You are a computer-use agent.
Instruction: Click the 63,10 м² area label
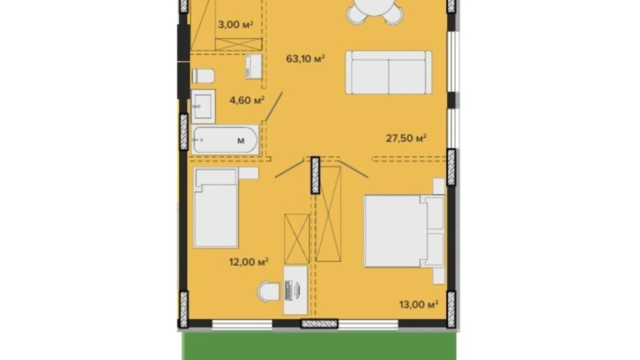coord(305,58)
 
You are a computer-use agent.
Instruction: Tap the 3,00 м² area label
coord(235,24)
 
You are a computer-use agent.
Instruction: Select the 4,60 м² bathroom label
coord(247,100)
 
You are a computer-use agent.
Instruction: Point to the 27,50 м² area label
coord(406,138)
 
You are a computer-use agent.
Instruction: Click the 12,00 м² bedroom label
coord(249,262)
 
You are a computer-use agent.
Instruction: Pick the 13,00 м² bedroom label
coord(419,304)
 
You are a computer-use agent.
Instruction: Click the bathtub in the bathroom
coord(225,140)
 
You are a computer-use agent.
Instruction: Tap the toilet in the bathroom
coord(203,76)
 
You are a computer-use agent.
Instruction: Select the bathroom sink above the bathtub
coord(203,106)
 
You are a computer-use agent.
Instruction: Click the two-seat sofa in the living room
coord(388,72)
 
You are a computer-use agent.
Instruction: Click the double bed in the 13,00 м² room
coord(404,231)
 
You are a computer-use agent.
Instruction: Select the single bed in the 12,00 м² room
coord(216,208)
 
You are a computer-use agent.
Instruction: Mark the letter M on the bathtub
coord(241,141)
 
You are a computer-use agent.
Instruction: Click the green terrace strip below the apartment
coord(319,346)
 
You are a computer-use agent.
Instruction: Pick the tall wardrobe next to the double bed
coord(328,214)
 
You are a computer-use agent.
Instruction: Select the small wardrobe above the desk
coord(296,238)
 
